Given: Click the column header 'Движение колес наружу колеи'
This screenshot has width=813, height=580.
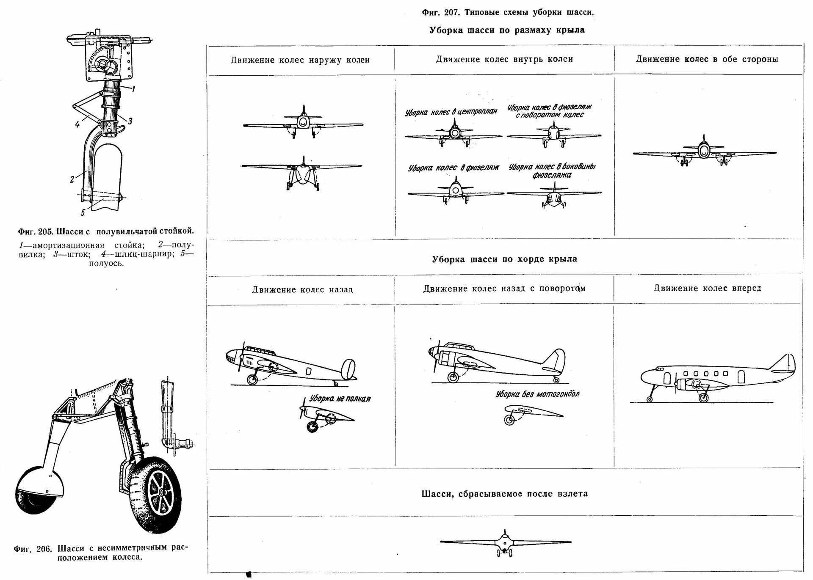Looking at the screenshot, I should [x=300, y=60].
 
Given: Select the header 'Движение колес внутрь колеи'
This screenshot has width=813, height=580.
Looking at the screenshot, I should [x=504, y=59].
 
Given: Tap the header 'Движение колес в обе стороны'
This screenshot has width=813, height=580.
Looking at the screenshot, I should [x=707, y=59].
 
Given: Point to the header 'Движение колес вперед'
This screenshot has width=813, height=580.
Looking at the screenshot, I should [x=707, y=288].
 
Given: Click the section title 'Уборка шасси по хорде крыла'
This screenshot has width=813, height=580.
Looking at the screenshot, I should [x=504, y=259].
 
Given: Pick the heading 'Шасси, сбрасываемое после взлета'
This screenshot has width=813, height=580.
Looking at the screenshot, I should [x=504, y=494].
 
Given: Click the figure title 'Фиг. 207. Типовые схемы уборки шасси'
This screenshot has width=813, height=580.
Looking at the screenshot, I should [x=508, y=12].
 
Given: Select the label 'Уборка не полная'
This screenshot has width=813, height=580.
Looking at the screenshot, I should [x=340, y=399].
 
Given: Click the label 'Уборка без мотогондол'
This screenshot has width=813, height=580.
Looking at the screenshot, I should [x=537, y=394].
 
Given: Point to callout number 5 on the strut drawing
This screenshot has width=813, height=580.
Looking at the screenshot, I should [x=83, y=212].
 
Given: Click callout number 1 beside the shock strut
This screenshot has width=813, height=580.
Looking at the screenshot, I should [x=133, y=89].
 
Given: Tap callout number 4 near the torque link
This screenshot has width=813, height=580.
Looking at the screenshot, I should [x=77, y=124].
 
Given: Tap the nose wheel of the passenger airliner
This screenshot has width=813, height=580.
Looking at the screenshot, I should [x=650, y=399].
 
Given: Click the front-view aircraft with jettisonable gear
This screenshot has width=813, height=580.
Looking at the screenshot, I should [x=505, y=542].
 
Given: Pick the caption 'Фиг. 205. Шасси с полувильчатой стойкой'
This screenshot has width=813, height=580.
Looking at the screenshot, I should [x=106, y=231].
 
